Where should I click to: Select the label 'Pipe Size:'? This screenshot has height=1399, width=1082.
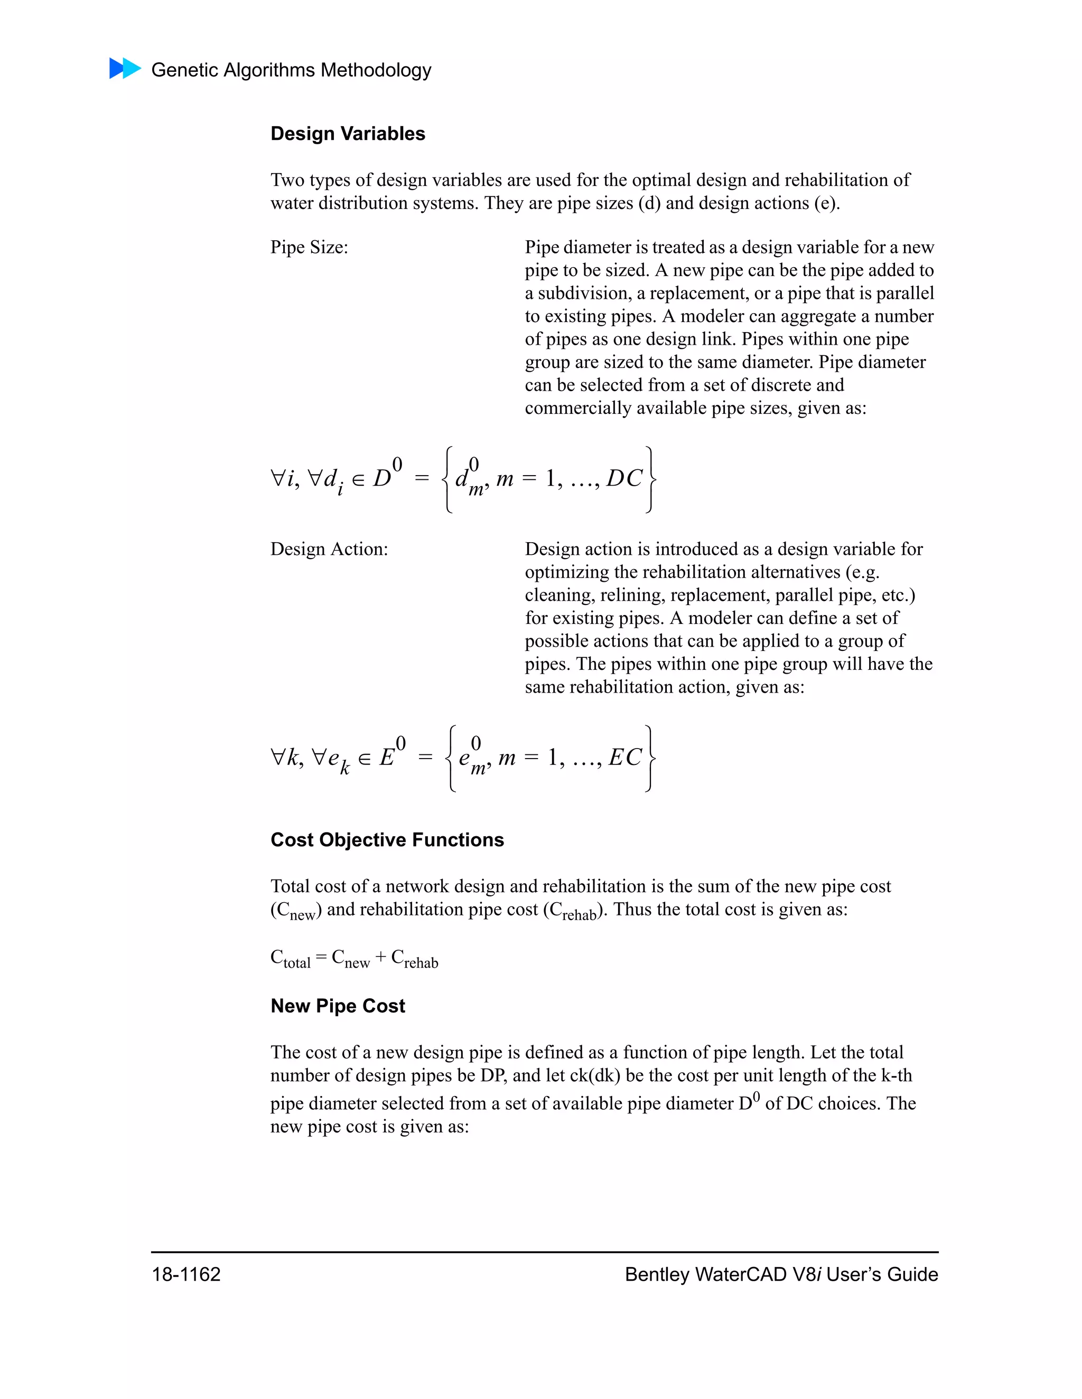pos(309,247)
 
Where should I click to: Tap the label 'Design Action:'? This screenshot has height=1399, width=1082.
pos(329,549)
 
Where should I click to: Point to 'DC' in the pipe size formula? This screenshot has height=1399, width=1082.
pos(624,478)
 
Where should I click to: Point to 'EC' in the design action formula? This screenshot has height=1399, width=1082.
pos(625,757)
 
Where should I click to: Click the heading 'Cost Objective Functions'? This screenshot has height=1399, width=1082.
pos(387,840)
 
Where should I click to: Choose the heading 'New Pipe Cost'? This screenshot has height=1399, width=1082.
pos(338,1006)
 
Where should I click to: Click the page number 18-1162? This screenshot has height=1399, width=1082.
pos(186,1274)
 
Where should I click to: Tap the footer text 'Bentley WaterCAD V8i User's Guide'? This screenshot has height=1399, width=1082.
pos(781,1274)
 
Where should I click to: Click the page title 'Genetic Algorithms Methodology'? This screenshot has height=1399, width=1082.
pos(291,70)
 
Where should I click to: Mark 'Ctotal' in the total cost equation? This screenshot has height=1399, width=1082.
pos(291,959)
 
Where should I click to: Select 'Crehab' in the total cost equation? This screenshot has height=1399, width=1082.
pos(414,959)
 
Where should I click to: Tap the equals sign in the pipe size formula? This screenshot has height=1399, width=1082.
pos(421,478)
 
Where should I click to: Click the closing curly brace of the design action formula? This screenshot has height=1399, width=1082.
pos(649,758)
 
